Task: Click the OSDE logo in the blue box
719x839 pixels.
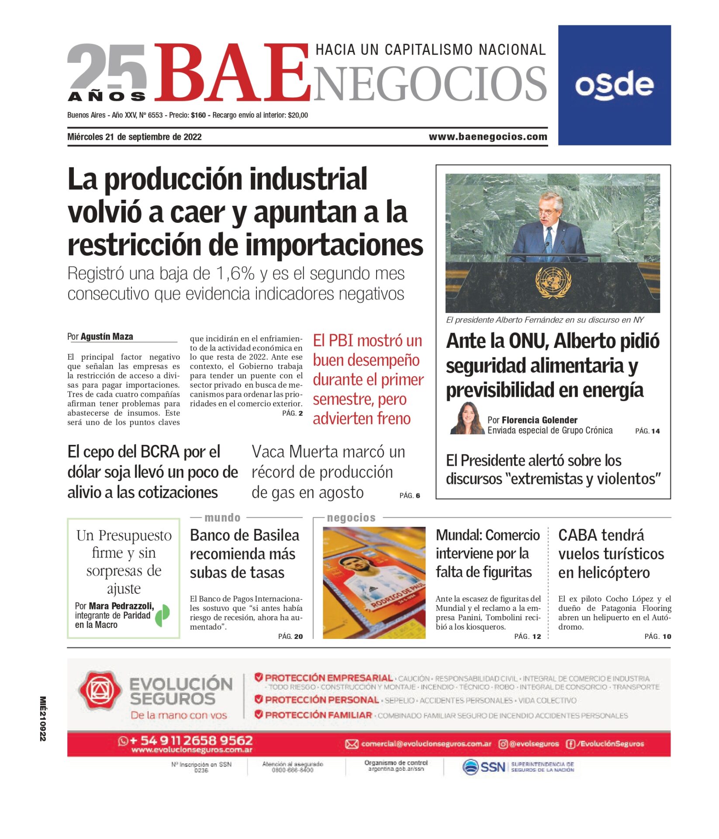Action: coord(614,85)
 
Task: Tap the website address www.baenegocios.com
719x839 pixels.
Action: coord(488,137)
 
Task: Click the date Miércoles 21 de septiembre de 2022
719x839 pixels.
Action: coord(135,137)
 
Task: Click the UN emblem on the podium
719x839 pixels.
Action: coord(553,282)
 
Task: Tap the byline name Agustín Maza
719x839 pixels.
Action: coord(107,336)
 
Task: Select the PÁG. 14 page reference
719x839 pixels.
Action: coord(647,431)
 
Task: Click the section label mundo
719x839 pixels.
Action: coord(222,518)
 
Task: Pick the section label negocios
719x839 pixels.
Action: coord(351,518)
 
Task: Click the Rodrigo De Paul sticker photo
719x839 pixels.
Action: coord(374,582)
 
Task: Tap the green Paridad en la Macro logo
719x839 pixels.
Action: coord(163,615)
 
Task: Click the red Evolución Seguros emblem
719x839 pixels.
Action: coord(100,690)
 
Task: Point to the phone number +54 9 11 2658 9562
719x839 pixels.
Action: coord(191,740)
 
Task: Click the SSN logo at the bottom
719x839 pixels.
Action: coord(484,767)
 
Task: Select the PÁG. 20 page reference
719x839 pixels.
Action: coord(290,636)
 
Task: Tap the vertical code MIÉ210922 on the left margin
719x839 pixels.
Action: coord(43,718)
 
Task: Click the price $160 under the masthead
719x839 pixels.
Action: coord(198,115)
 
